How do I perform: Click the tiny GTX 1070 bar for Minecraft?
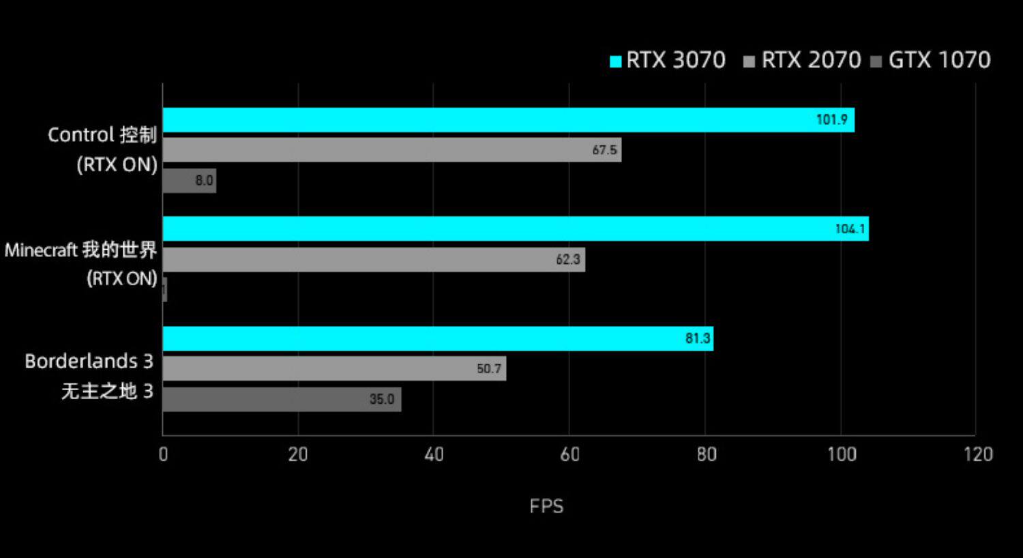(165, 289)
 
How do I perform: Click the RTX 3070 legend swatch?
(616, 61)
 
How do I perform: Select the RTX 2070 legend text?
(811, 60)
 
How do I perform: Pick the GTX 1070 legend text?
(939, 60)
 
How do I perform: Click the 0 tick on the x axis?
(163, 454)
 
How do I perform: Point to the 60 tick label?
(569, 454)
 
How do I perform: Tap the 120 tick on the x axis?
(978, 454)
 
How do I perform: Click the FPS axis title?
(546, 506)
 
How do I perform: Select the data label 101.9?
(831, 120)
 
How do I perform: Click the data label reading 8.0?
(204, 181)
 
